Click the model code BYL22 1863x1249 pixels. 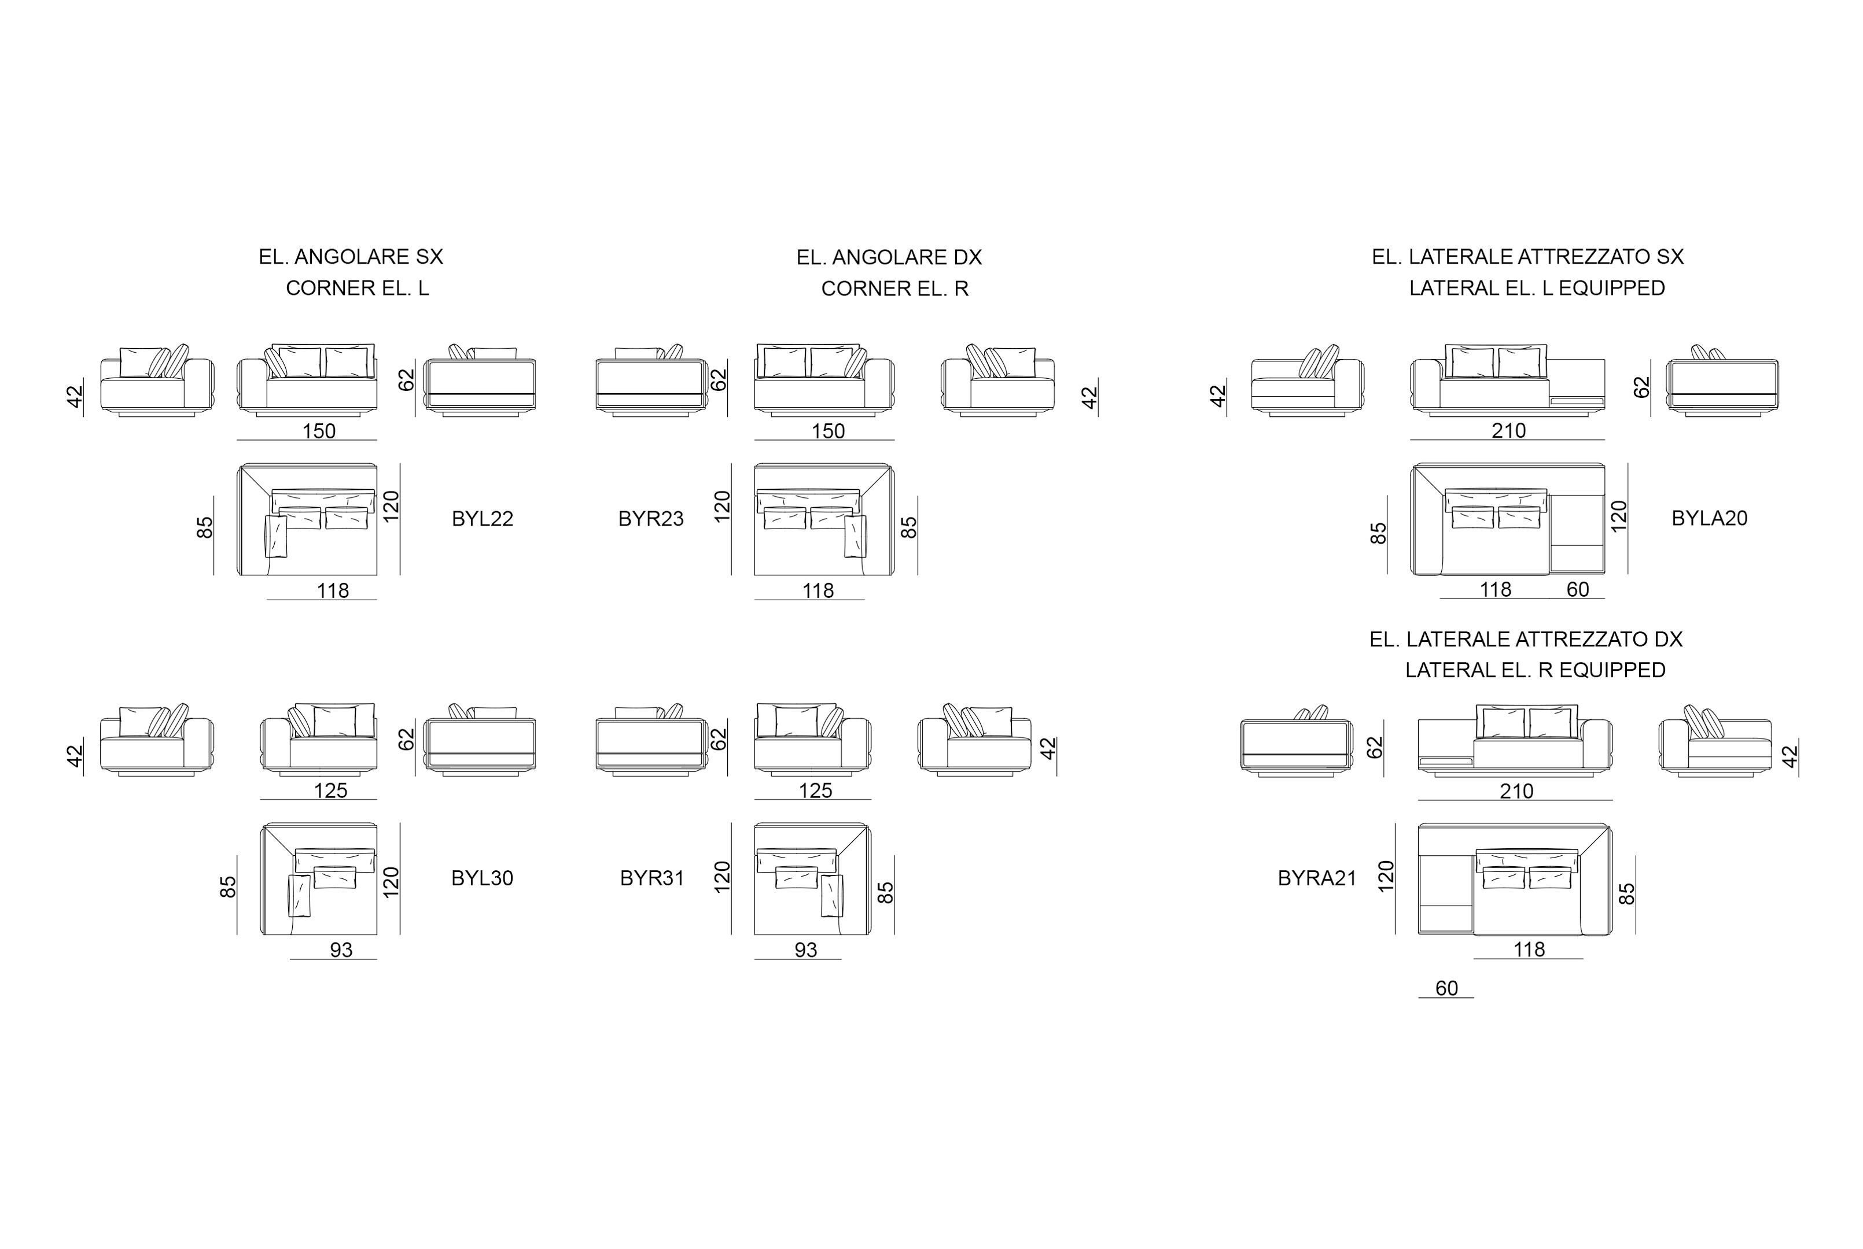[482, 519]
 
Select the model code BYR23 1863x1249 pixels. [651, 519]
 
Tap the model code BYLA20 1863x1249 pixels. [1709, 518]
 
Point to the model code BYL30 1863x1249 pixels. [482, 878]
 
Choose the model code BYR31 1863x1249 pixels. [652, 878]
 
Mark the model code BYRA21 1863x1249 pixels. [1317, 878]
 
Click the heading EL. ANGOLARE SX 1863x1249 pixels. [351, 257]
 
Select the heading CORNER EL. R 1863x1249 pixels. [895, 289]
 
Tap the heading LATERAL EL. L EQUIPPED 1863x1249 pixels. [1537, 287]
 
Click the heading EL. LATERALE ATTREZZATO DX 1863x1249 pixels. [1526, 639]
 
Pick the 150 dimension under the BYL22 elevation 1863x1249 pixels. [319, 431]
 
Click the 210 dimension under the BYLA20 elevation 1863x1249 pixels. [1508, 430]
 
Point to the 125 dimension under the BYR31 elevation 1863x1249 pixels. [815, 790]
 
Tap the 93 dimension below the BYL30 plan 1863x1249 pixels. [341, 949]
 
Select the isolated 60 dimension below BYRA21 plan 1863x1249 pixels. [1446, 988]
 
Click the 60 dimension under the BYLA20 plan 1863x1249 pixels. [1578, 589]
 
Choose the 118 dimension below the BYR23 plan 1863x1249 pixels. [818, 590]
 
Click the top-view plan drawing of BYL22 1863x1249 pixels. [308, 519]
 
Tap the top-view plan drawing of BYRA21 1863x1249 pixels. [1515, 878]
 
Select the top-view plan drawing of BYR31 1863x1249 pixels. [813, 878]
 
